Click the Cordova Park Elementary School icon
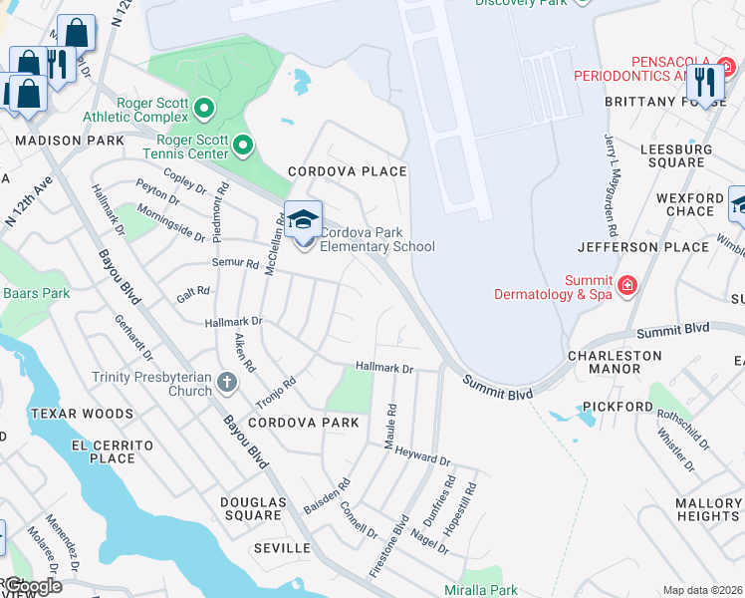coord(303,219)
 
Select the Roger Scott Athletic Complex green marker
coord(205,107)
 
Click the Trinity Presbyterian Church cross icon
coord(227,381)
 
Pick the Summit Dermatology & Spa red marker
coord(627,287)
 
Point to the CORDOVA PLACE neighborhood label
coord(348,171)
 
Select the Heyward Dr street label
coord(422,457)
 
